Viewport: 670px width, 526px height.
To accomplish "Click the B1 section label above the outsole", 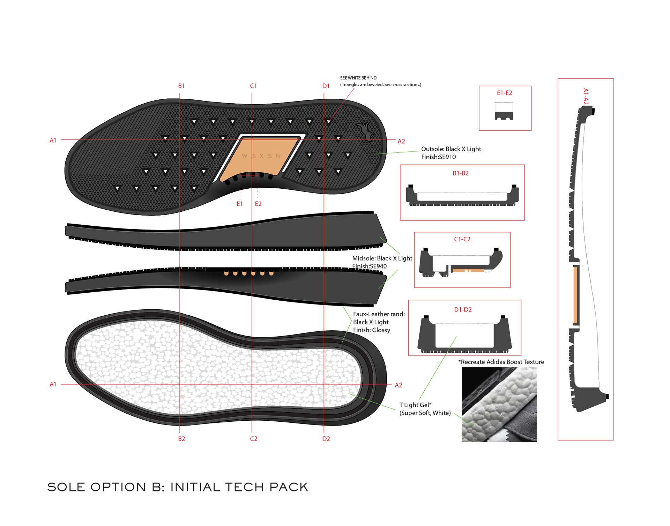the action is click(x=181, y=86).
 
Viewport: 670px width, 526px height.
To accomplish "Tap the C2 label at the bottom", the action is click(x=254, y=439).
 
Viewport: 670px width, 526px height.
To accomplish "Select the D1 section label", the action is click(x=326, y=86).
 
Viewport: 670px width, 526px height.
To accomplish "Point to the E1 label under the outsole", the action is click(x=240, y=204).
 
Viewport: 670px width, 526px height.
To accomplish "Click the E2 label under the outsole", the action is click(x=258, y=204).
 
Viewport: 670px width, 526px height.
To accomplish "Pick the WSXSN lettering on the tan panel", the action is click(x=261, y=156).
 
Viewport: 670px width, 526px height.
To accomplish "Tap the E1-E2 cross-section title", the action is click(x=505, y=93).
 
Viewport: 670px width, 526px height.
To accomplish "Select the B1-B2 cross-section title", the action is click(x=461, y=173).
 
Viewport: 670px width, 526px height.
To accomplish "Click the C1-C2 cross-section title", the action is click(x=462, y=239).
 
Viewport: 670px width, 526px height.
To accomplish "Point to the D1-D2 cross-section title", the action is click(x=463, y=310).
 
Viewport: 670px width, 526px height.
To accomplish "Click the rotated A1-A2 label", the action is click(x=586, y=96).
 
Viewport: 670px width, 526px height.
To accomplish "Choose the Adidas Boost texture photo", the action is click(x=499, y=405).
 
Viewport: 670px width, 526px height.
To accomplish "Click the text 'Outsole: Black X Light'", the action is click(x=451, y=149).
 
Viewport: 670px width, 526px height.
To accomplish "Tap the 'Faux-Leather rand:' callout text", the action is click(x=379, y=314).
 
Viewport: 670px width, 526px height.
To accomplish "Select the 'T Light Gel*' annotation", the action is click(x=416, y=405).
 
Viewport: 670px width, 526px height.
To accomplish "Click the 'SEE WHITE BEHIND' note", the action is click(x=358, y=78).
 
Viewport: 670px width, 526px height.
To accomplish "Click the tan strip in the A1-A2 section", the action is click(x=575, y=295).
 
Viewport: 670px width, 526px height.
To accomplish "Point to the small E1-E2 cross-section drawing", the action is click(x=504, y=111).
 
